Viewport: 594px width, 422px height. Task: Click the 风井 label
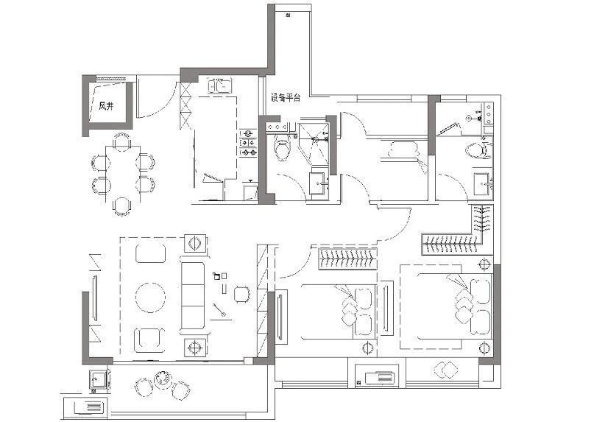(x=106, y=106)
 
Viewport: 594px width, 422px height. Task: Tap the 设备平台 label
(x=286, y=97)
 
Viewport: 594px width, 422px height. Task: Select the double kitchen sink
(x=219, y=85)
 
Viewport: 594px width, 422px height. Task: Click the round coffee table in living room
(x=150, y=298)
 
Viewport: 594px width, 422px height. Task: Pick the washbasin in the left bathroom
(x=318, y=183)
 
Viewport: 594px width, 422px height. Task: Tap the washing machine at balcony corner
(x=99, y=379)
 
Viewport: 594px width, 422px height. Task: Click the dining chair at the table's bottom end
(x=122, y=206)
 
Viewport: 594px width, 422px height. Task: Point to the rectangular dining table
(x=122, y=174)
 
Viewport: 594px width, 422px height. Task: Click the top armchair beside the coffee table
(x=150, y=253)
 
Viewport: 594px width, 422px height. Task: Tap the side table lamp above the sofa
(x=195, y=242)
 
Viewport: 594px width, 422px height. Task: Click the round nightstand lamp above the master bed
(x=484, y=264)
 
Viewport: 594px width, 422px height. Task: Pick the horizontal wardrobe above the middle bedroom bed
(x=348, y=259)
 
